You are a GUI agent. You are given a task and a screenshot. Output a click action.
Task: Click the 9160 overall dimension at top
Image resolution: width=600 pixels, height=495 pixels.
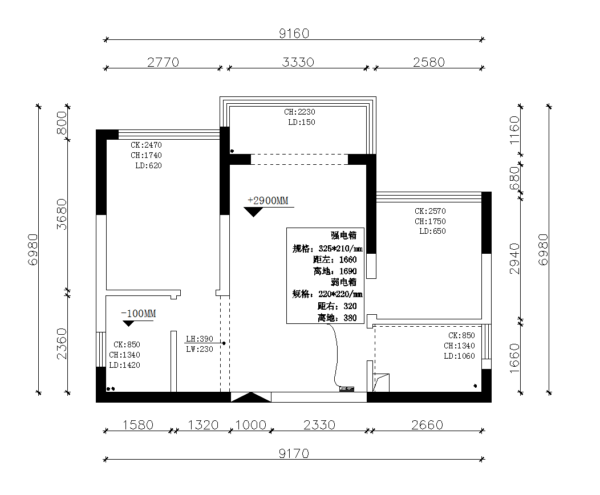point(294,34)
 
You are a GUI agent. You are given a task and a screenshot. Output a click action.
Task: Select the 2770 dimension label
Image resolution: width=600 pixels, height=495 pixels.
point(163,62)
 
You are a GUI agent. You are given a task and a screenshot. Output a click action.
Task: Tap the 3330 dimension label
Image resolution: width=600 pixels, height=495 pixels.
point(298,62)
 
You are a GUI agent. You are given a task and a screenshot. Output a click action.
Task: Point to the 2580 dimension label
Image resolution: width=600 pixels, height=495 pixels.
point(429,62)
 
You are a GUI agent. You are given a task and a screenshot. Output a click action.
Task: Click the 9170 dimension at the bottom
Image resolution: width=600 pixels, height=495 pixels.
point(294,454)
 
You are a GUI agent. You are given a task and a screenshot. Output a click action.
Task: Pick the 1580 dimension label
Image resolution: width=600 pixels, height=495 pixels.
point(138,425)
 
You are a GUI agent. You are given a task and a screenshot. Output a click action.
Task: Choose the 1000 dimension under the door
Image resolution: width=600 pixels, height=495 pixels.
point(250,425)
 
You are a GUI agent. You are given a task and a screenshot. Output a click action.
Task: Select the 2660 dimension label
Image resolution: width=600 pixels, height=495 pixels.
point(427,425)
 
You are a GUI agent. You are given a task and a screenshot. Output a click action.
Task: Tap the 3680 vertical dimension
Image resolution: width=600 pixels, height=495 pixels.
point(62,214)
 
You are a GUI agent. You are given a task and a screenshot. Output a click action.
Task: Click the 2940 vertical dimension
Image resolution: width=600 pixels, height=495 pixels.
point(515,258)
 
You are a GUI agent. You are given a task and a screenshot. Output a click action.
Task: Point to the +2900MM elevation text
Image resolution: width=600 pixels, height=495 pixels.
point(268,201)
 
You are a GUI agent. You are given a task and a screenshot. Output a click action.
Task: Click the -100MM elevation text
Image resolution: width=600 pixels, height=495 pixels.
point(139,314)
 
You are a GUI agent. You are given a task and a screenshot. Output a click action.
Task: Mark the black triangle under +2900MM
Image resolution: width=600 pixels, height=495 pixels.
point(253,212)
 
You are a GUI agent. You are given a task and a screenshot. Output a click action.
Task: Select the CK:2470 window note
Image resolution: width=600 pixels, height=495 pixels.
point(146,145)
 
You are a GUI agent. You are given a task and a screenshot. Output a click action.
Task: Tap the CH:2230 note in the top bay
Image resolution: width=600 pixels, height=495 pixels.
point(299,112)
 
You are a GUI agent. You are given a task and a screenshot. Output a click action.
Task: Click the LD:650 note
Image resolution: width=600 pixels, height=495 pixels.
point(432,231)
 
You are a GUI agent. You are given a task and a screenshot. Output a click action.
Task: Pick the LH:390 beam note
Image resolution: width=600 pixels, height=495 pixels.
point(200,339)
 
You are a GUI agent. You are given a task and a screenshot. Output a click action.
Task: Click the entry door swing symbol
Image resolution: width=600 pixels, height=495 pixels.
point(250,397)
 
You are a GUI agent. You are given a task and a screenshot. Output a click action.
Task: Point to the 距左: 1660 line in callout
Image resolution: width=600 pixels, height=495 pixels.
point(335,259)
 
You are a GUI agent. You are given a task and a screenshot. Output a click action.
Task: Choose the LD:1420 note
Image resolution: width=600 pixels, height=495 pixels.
point(125,366)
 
